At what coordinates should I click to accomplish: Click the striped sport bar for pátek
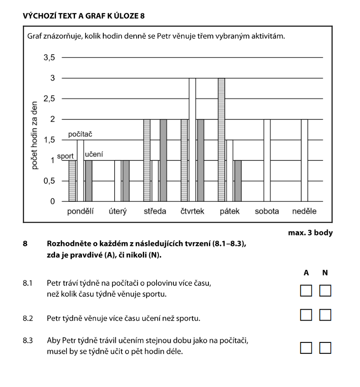[222, 140]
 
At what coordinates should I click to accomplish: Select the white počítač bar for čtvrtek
[192, 140]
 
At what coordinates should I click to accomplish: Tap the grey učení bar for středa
[163, 160]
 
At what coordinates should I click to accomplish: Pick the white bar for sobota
[267, 160]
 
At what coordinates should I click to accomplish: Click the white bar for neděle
[304, 160]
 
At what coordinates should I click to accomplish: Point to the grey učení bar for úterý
[126, 181]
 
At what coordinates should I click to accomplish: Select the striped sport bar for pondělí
[72, 181]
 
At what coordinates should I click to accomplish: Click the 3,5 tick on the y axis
[49, 58]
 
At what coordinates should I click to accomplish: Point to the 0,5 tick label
[49, 181]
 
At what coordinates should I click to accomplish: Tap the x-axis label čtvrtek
[193, 211]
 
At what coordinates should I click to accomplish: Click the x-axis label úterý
[117, 211]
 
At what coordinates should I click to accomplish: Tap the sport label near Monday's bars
[66, 156]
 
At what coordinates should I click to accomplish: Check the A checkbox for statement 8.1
[306, 290]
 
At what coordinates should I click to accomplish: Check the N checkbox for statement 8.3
[325, 348]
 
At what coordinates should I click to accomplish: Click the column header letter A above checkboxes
[306, 273]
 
